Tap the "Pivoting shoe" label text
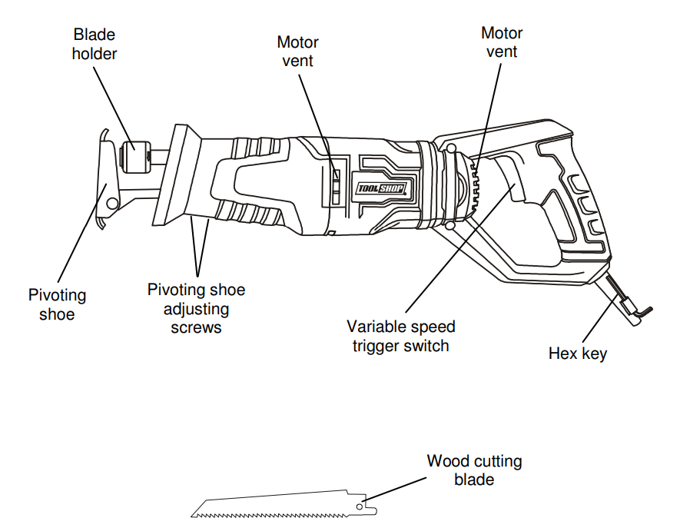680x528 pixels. click(57, 304)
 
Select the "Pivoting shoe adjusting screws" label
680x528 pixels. click(196, 308)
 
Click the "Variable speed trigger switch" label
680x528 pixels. click(400, 335)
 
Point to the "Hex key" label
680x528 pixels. click(577, 354)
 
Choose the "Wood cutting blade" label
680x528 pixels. click(474, 470)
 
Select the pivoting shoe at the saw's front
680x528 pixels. click(104, 181)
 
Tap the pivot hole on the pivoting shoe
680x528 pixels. click(112, 203)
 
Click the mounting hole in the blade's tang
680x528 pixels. click(360, 508)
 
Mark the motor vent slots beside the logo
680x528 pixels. click(337, 184)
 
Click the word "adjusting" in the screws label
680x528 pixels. click(196, 309)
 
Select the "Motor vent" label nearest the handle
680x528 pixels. click(502, 42)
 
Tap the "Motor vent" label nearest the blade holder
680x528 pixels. click(297, 51)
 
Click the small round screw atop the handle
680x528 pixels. click(451, 148)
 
